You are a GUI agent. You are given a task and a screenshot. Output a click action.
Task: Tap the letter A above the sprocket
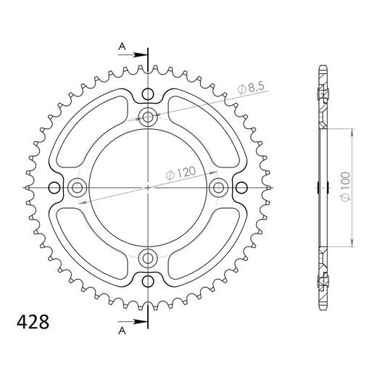[123, 45]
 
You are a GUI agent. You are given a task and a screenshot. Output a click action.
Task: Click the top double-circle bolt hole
[148, 117]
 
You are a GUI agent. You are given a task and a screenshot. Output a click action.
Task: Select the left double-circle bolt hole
[78, 187]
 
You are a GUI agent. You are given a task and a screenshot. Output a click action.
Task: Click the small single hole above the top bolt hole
[148, 94]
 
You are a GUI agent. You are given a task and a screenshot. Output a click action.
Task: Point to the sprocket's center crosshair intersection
[148, 187]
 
